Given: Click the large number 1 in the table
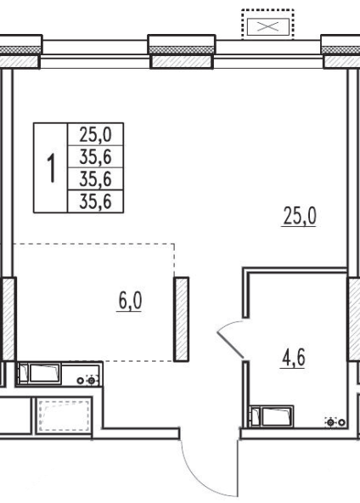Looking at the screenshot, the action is click(51, 167).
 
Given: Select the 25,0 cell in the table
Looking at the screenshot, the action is click(96, 134).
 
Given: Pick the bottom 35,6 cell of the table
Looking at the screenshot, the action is click(96, 201).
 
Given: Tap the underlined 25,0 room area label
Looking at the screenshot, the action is click(300, 217).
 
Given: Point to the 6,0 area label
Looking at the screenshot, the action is click(130, 302).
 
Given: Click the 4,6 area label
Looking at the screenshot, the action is click(293, 359).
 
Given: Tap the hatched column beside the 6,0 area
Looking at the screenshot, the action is click(181, 319).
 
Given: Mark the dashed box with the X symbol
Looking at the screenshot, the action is click(267, 25).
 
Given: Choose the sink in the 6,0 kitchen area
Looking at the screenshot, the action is click(44, 373).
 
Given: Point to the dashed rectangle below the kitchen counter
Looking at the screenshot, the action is click(65, 415).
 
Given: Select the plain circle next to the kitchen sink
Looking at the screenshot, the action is click(80, 381).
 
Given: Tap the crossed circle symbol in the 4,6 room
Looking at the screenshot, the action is click(331, 423).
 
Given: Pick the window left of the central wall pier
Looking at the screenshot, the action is click(95, 54).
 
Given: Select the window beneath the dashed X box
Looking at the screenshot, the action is click(268, 54).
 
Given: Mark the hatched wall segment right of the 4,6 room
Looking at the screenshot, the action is click(354, 319).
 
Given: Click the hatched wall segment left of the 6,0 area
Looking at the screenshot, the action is click(8, 319).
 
